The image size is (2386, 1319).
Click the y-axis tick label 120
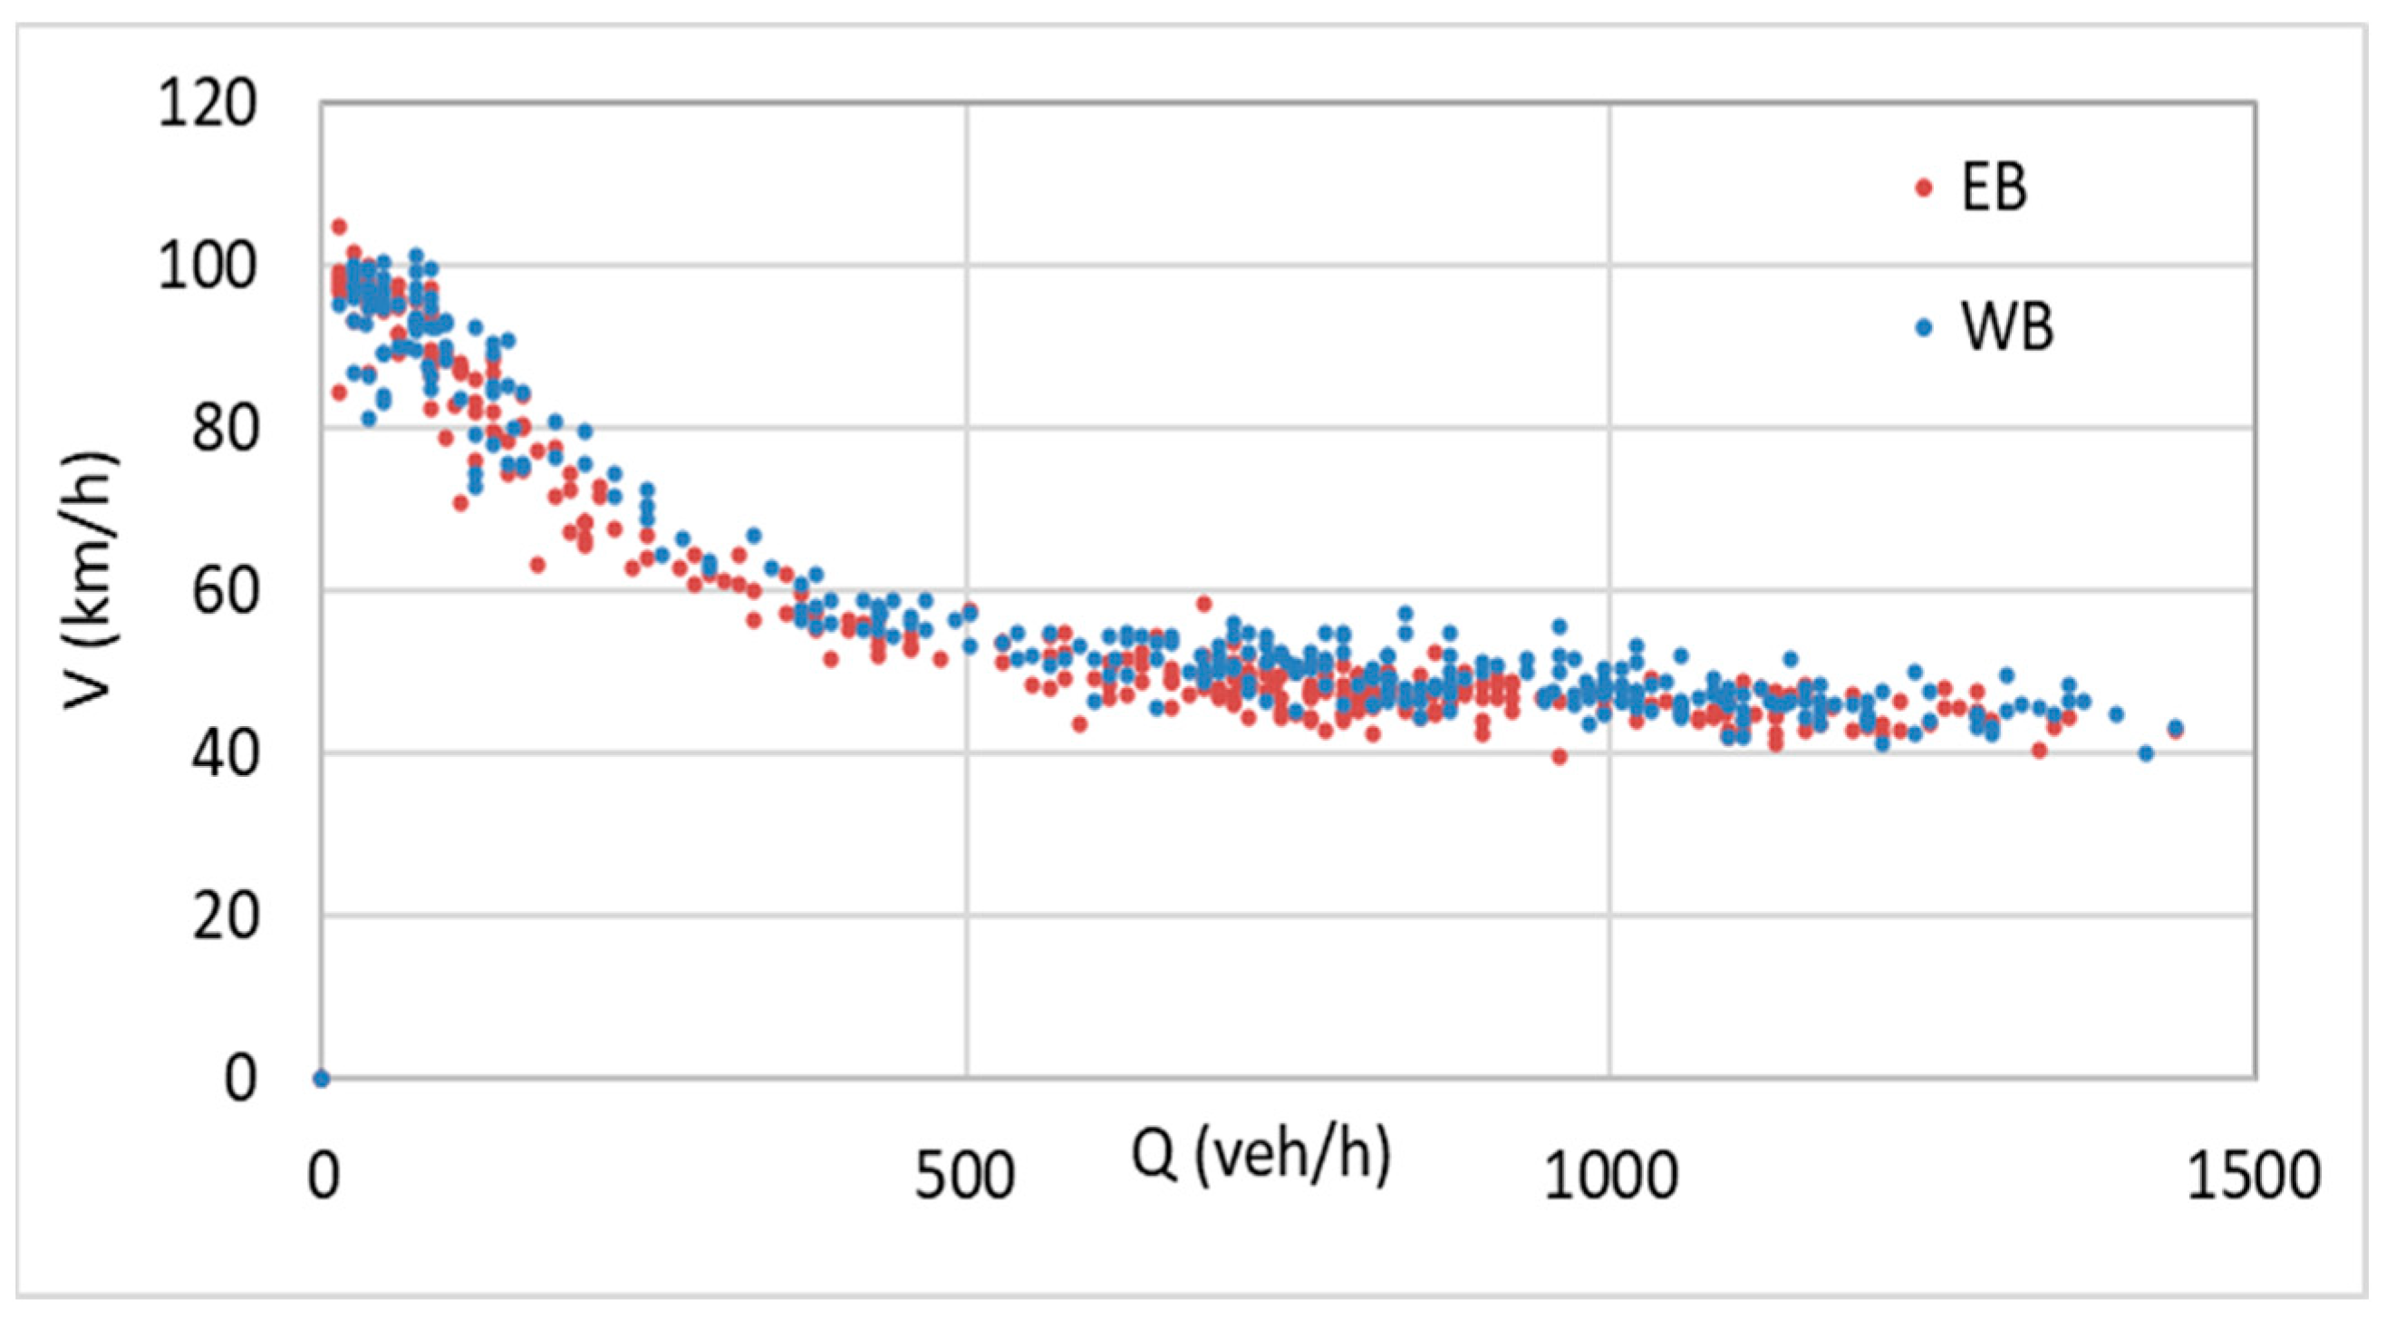click(x=207, y=103)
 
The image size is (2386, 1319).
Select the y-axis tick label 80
click(x=223, y=430)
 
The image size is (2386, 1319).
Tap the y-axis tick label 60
click(x=223, y=592)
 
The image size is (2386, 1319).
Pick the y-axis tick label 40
click(x=223, y=755)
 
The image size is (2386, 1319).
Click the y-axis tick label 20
click(x=223, y=917)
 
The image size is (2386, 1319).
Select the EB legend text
click(x=1995, y=188)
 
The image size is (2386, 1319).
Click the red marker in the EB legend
click(x=1924, y=188)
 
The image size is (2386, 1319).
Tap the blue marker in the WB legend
click(x=1924, y=327)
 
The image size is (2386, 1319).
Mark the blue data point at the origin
click(x=322, y=1078)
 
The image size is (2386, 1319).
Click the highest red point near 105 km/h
click(x=339, y=226)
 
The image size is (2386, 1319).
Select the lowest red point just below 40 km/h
click(x=1559, y=757)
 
